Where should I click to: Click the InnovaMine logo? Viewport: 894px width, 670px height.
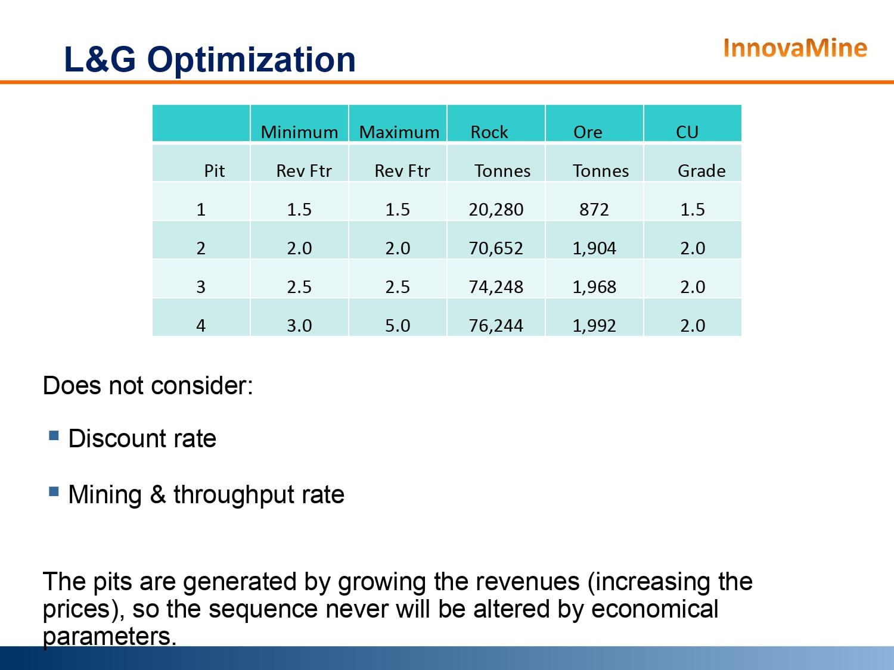tap(794, 48)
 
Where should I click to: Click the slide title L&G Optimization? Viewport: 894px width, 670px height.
tap(209, 60)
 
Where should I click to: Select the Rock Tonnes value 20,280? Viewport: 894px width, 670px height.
tap(496, 210)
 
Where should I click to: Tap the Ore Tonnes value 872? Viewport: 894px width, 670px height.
tap(594, 210)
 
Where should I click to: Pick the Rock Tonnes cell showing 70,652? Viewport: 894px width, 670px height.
tap(496, 248)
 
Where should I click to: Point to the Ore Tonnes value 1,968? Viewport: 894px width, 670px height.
tap(594, 287)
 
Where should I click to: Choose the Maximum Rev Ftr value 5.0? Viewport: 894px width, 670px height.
tap(398, 326)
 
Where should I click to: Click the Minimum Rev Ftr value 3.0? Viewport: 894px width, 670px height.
tap(299, 326)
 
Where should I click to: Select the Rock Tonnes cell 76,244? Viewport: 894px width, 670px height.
tap(496, 326)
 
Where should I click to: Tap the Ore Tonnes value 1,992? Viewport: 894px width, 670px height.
tap(594, 326)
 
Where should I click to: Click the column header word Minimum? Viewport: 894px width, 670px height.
tap(299, 132)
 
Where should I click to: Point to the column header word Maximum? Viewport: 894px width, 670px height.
tap(399, 132)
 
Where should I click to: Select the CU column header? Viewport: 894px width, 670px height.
tap(687, 132)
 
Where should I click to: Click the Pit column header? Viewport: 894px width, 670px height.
tap(214, 172)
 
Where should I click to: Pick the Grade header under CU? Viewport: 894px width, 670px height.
tap(701, 172)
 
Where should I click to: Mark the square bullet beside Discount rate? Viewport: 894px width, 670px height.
tap(54, 435)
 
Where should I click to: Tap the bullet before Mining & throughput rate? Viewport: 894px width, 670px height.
tap(54, 491)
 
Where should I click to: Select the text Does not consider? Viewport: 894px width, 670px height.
tap(148, 386)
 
